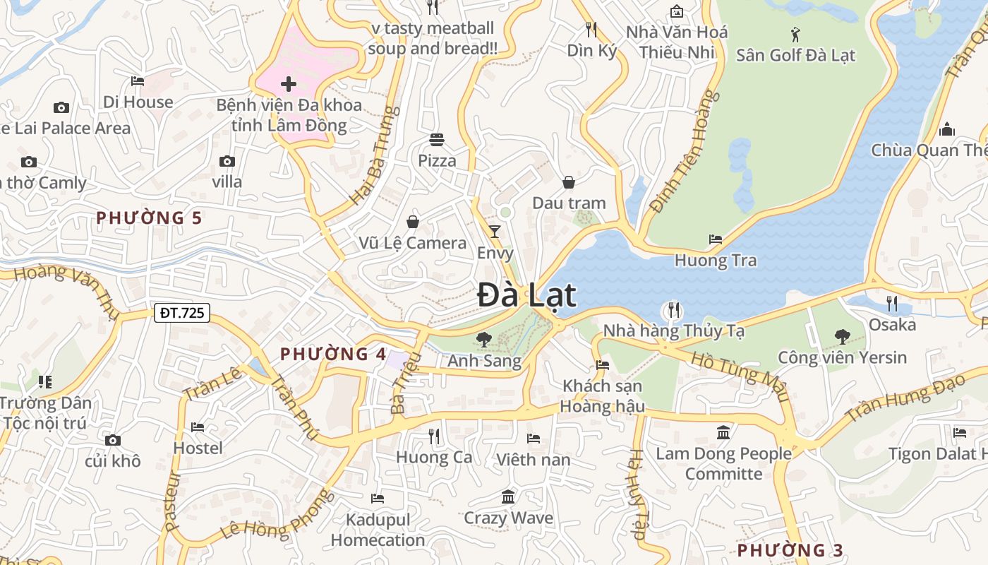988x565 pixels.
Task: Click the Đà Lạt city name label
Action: tap(526, 295)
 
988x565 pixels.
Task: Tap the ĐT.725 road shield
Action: tap(182, 312)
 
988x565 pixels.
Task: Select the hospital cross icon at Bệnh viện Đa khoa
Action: tap(289, 84)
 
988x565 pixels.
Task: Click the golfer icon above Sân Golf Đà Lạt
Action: tap(795, 33)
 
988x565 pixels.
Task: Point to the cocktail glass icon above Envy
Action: tap(495, 231)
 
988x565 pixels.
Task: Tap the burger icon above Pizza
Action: tap(437, 139)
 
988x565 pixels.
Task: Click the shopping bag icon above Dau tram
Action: tap(569, 182)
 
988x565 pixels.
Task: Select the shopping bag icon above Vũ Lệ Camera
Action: tap(413, 222)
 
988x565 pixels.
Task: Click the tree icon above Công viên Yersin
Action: tap(842, 336)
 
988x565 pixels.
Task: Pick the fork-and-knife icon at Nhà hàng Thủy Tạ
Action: tap(674, 309)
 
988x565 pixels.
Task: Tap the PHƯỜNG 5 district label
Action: tap(149, 218)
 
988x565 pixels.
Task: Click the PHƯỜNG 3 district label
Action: tap(790, 550)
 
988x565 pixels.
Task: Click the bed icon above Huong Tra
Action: tap(716, 239)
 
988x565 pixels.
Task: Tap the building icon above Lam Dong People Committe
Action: tap(723, 432)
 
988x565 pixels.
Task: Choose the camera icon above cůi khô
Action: tap(112, 441)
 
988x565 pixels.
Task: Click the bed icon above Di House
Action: tap(138, 81)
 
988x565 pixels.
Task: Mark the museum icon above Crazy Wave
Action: tap(508, 497)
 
